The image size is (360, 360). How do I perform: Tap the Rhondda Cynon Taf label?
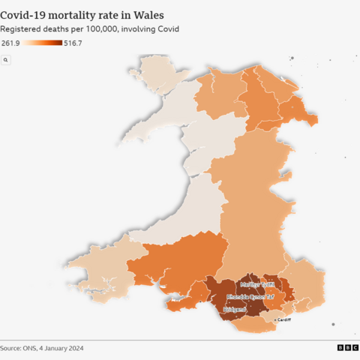pyautogui.click(x=251, y=297)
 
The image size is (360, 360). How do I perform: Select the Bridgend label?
pyautogui.click(x=235, y=308)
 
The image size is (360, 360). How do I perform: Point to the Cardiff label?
pyautogui.click(x=283, y=320)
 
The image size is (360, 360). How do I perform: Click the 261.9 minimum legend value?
pyautogui.click(x=10, y=43)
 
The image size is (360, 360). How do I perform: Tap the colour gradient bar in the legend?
pyautogui.click(x=42, y=43)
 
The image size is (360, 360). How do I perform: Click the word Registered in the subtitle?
pyautogui.click(x=20, y=29)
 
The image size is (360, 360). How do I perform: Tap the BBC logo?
pyautogui.click(x=347, y=348)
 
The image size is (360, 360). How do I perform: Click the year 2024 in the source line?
pyautogui.click(x=75, y=348)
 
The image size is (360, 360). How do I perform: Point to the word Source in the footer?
pyautogui.click(x=10, y=348)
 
